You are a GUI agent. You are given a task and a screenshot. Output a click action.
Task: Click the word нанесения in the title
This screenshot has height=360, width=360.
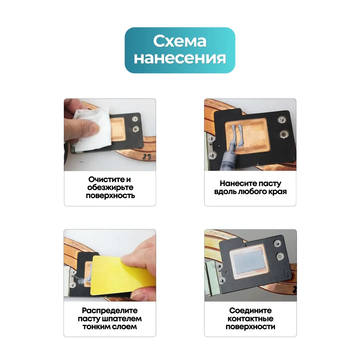pos(180,58)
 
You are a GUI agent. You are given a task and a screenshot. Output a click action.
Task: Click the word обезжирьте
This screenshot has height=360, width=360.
pos(110,187)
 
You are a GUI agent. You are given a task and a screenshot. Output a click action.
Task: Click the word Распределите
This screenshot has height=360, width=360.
pos(110,310)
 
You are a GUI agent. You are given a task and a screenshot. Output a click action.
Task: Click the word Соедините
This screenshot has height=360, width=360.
pos(250,310)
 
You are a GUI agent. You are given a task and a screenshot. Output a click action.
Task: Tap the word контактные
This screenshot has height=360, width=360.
pos(250,319)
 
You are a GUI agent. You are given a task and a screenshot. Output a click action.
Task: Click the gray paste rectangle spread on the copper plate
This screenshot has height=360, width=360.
pos(250,261)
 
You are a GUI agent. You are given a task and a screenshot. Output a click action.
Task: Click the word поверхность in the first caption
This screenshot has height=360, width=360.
pos(110,195)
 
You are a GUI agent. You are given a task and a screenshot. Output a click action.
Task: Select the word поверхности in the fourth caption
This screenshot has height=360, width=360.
pos(250,327)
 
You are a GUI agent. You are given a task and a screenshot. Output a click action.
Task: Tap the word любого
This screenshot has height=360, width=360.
pos(251,192)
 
